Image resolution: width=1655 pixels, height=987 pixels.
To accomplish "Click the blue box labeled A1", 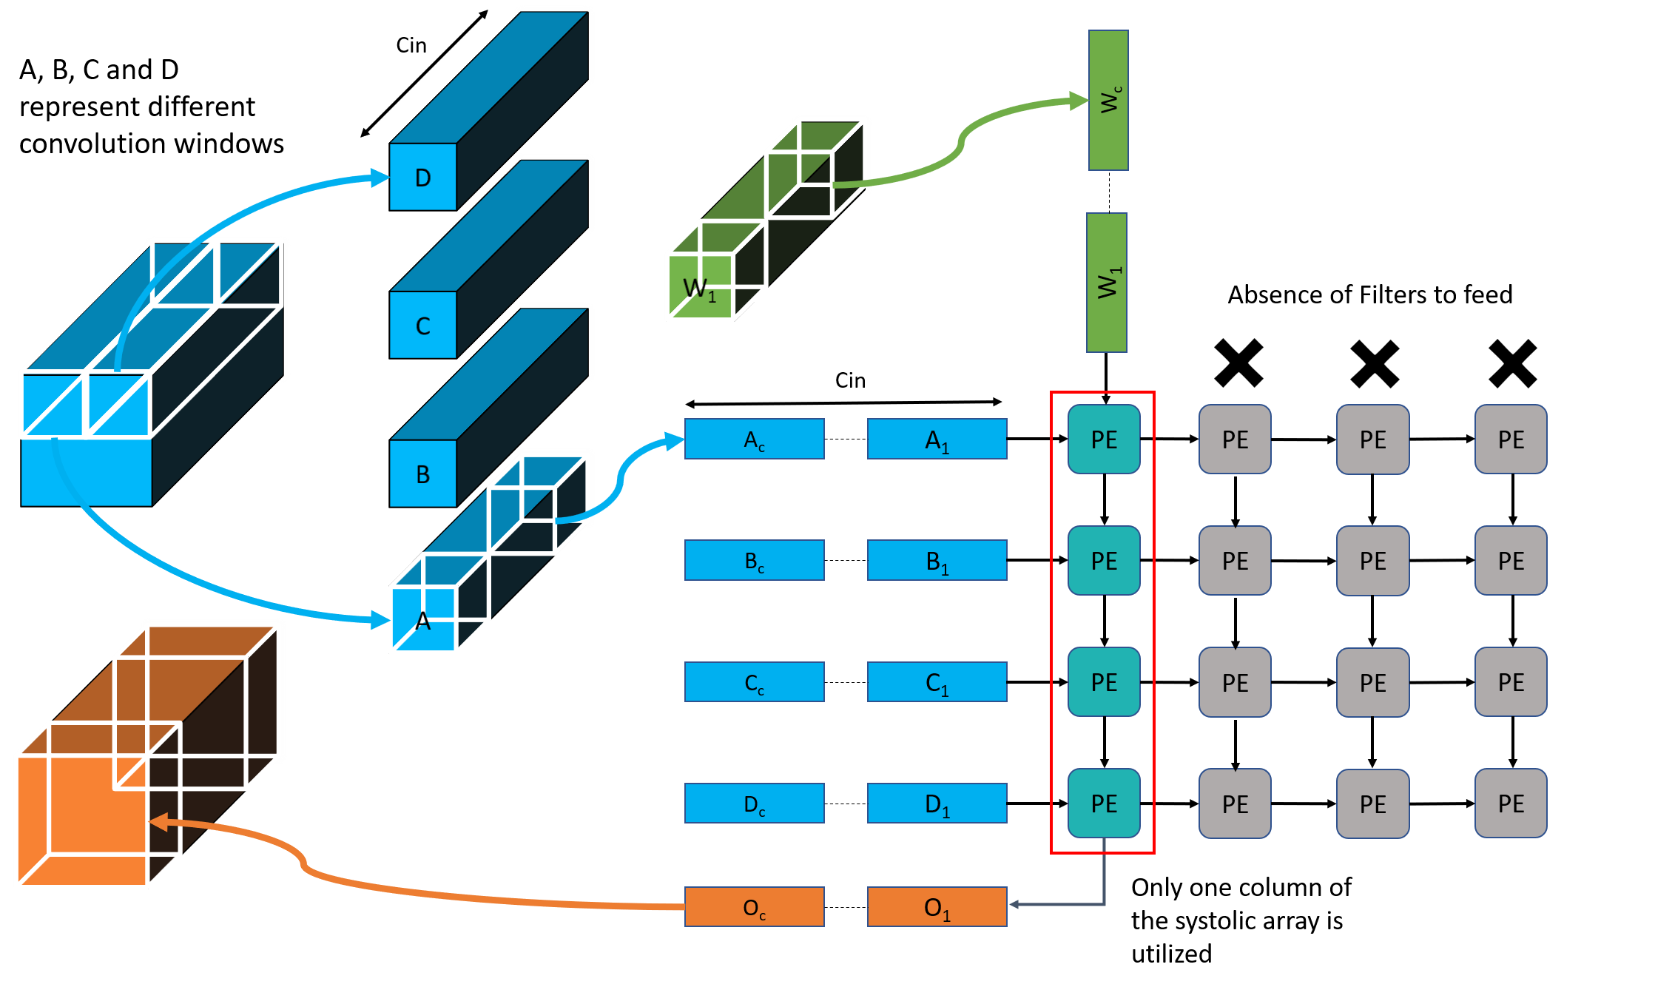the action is pyautogui.click(x=937, y=439).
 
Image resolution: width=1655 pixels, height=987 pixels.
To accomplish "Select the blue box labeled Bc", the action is pyautogui.click(x=755, y=560).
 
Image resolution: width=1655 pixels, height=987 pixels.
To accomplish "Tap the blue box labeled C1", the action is pyautogui.click(x=937, y=681).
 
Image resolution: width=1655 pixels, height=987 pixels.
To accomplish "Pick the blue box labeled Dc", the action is pyautogui.click(x=755, y=803).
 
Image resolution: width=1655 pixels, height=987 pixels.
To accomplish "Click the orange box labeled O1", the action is pyautogui.click(x=937, y=906).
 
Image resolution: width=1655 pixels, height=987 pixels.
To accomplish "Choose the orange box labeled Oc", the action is pyautogui.click(x=755, y=906).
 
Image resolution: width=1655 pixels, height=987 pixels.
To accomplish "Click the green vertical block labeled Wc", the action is pyautogui.click(x=1108, y=100).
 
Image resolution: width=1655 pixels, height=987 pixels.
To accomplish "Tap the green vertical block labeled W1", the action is pyautogui.click(x=1107, y=283).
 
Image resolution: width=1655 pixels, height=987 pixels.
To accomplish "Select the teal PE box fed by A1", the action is pyautogui.click(x=1104, y=439).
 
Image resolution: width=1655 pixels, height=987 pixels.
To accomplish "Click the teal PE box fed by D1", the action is pyautogui.click(x=1104, y=803).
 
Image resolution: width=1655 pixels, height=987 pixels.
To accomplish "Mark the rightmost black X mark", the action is pyautogui.click(x=1513, y=363).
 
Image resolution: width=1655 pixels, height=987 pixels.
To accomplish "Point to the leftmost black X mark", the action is pyautogui.click(x=1238, y=363).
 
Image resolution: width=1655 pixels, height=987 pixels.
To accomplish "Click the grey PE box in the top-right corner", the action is pyautogui.click(x=1511, y=439).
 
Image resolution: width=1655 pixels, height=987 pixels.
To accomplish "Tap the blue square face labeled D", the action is pyautogui.click(x=423, y=177).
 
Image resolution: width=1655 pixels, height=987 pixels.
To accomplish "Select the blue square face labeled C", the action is pyautogui.click(x=423, y=326).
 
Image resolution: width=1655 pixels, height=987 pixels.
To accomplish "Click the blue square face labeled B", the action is pyautogui.click(x=423, y=474).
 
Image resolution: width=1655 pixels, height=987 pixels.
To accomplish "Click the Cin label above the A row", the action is pyautogui.click(x=850, y=380).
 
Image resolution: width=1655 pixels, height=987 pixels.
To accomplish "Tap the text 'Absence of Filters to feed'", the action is pyautogui.click(x=1370, y=294).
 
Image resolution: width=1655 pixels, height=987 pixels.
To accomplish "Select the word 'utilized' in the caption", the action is pyautogui.click(x=1172, y=954).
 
